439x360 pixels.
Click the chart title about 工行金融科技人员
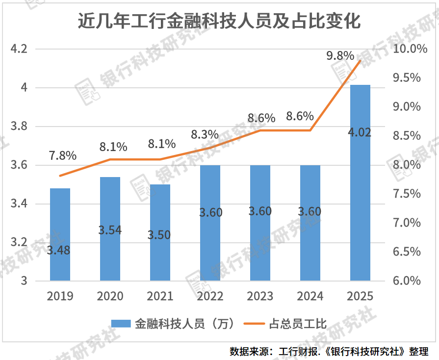(x=219, y=22)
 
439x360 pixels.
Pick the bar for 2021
(x=160, y=232)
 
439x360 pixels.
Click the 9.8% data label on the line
(x=340, y=56)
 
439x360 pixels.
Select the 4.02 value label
(x=360, y=132)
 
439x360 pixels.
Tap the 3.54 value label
(x=110, y=230)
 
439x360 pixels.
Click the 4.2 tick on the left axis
(x=22, y=49)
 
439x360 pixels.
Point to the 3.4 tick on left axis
(x=22, y=204)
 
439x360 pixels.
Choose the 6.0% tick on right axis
(x=408, y=281)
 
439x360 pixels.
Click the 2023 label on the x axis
(x=260, y=296)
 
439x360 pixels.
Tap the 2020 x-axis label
(x=110, y=296)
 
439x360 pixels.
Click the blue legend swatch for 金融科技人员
(x=121, y=324)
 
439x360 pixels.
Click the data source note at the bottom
(x=329, y=352)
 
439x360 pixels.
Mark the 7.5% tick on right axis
(x=408, y=194)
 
